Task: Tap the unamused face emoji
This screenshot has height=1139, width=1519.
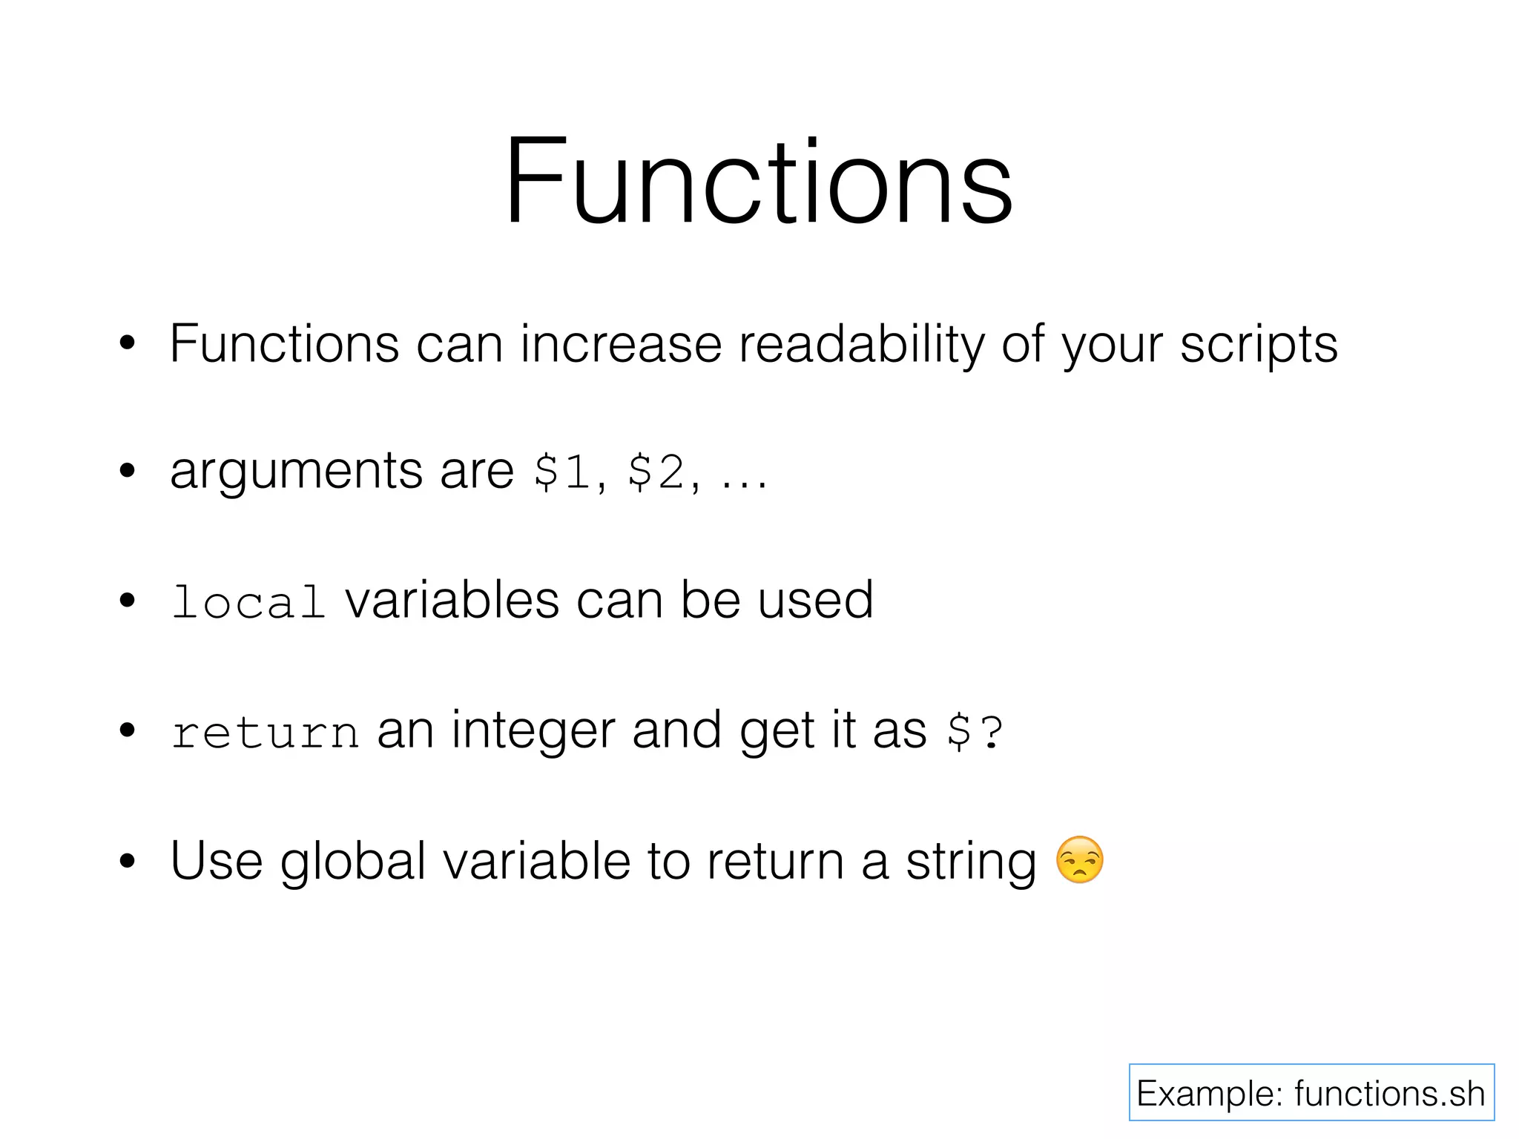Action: point(1079,860)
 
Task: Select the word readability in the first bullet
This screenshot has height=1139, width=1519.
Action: point(861,345)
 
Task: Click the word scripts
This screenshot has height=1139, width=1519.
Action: point(1259,345)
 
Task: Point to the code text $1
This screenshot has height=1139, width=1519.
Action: point(562,472)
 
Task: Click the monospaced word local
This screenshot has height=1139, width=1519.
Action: point(248,601)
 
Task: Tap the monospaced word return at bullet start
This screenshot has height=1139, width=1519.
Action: point(265,733)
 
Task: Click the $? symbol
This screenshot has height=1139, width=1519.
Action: point(975,733)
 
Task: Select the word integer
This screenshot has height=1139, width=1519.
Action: point(533,731)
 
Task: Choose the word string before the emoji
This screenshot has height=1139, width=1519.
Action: point(971,862)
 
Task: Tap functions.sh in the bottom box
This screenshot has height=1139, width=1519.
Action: point(1389,1094)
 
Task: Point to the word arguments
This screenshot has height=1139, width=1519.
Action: point(296,472)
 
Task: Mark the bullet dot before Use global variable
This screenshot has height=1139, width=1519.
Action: point(128,862)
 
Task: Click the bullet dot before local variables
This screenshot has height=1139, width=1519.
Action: point(128,601)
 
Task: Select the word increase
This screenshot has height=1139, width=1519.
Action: point(621,345)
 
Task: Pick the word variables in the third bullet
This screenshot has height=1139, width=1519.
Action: point(452,601)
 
